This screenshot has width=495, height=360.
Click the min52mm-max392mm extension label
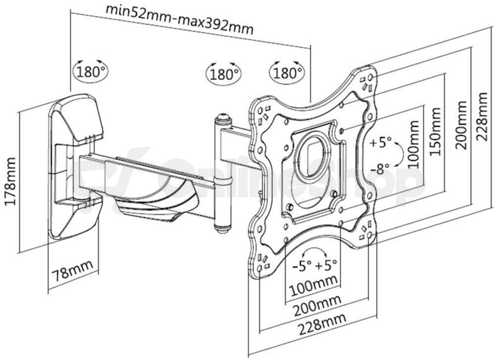[x=179, y=19]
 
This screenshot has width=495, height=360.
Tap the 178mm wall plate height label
[x=11, y=181]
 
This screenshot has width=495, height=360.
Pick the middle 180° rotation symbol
[x=224, y=74]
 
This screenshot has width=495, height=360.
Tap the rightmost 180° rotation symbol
[x=287, y=72]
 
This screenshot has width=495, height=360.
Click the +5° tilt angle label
[x=381, y=142]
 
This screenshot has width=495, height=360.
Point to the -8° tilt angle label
[x=380, y=170]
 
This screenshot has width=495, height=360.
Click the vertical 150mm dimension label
[x=435, y=131]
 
